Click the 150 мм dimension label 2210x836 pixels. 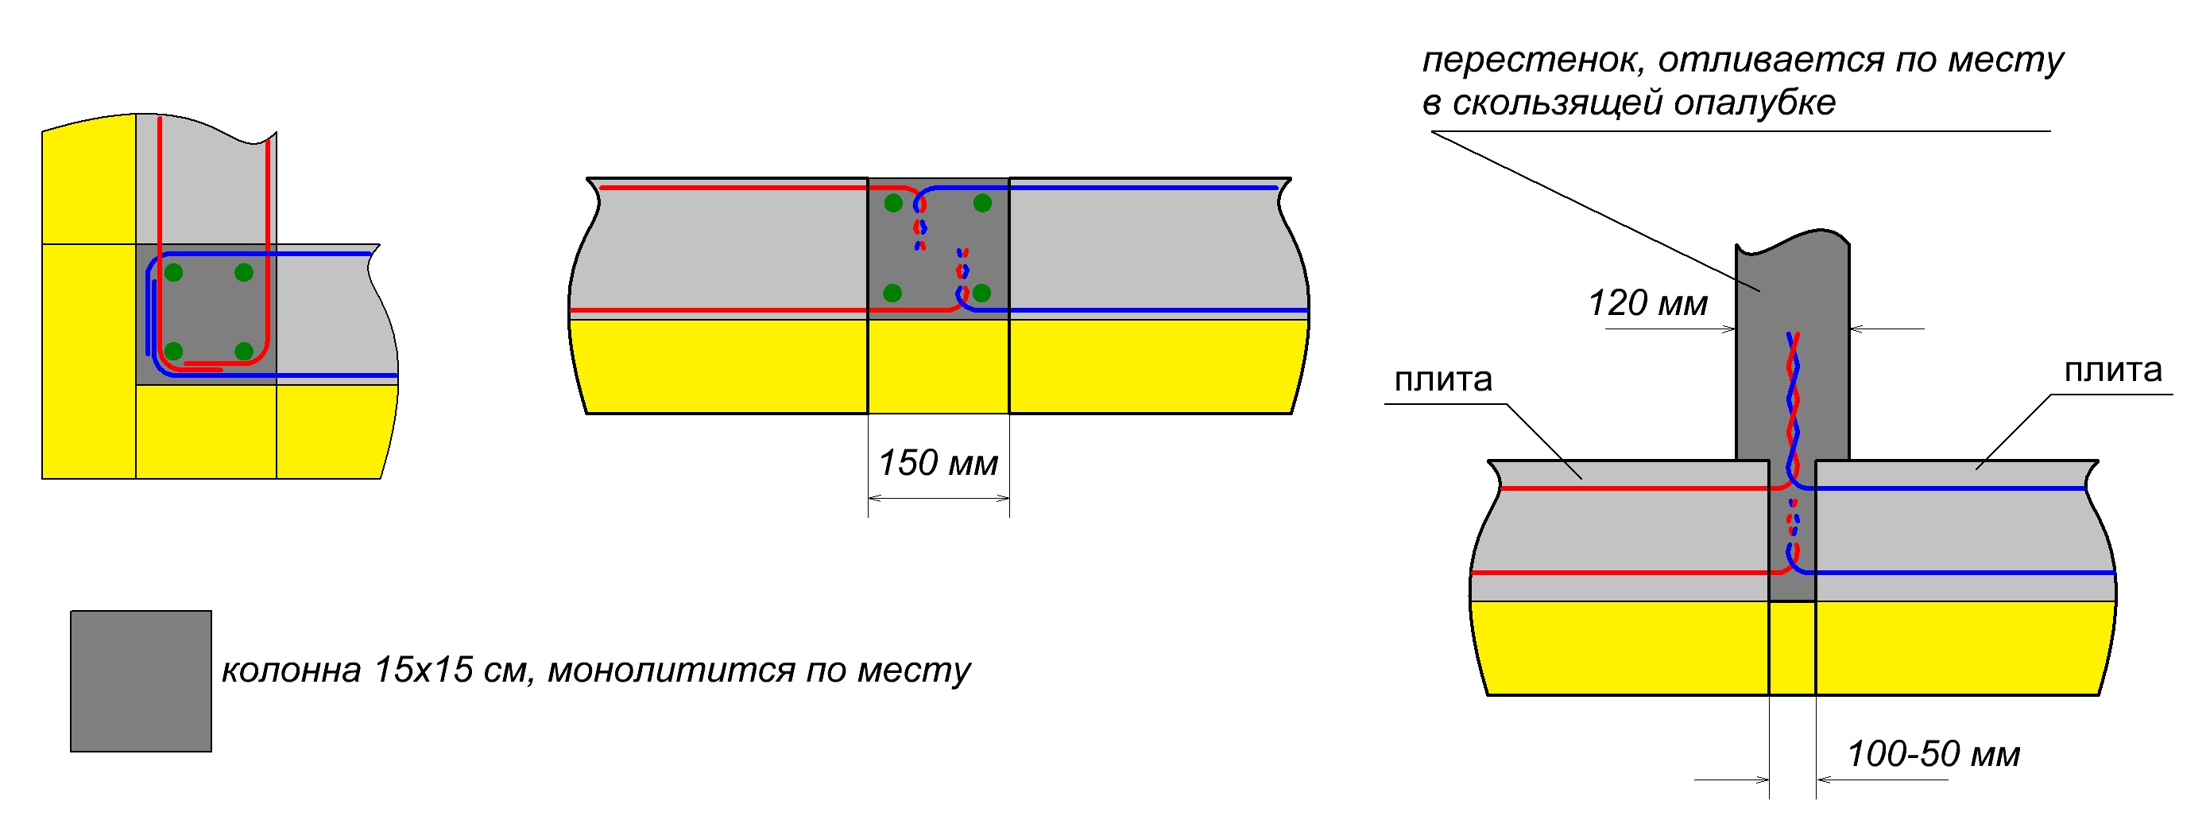938,464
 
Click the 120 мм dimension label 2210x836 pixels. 1647,304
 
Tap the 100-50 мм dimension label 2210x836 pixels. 1933,754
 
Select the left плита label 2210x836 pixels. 1443,379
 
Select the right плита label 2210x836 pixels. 2113,370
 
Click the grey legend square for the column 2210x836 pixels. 141,682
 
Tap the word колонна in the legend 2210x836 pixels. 291,671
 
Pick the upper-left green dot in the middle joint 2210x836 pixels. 893,204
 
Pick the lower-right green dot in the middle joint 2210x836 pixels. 982,293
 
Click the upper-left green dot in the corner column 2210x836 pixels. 174,273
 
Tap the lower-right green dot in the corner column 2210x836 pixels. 244,351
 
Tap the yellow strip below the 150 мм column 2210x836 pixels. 939,367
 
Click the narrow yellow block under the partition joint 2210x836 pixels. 1792,648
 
